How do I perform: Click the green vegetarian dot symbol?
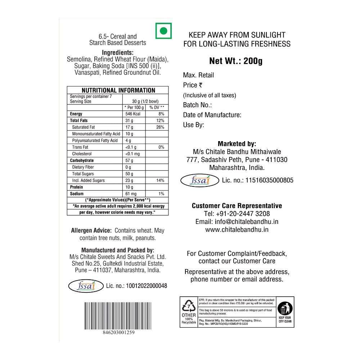163,31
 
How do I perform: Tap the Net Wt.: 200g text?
236,60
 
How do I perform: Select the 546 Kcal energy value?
132,114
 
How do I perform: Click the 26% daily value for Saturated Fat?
160,127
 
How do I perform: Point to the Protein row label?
76,187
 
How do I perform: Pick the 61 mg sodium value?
131,194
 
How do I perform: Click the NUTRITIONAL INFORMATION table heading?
118,90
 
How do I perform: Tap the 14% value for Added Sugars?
160,180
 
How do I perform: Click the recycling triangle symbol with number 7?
189,306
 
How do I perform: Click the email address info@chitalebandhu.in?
237,222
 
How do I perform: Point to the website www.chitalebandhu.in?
237,230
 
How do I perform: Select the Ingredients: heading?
118,52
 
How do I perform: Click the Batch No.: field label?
197,105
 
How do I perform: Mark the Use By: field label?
194,125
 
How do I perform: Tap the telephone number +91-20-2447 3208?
237,214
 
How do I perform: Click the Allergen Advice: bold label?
91,230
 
